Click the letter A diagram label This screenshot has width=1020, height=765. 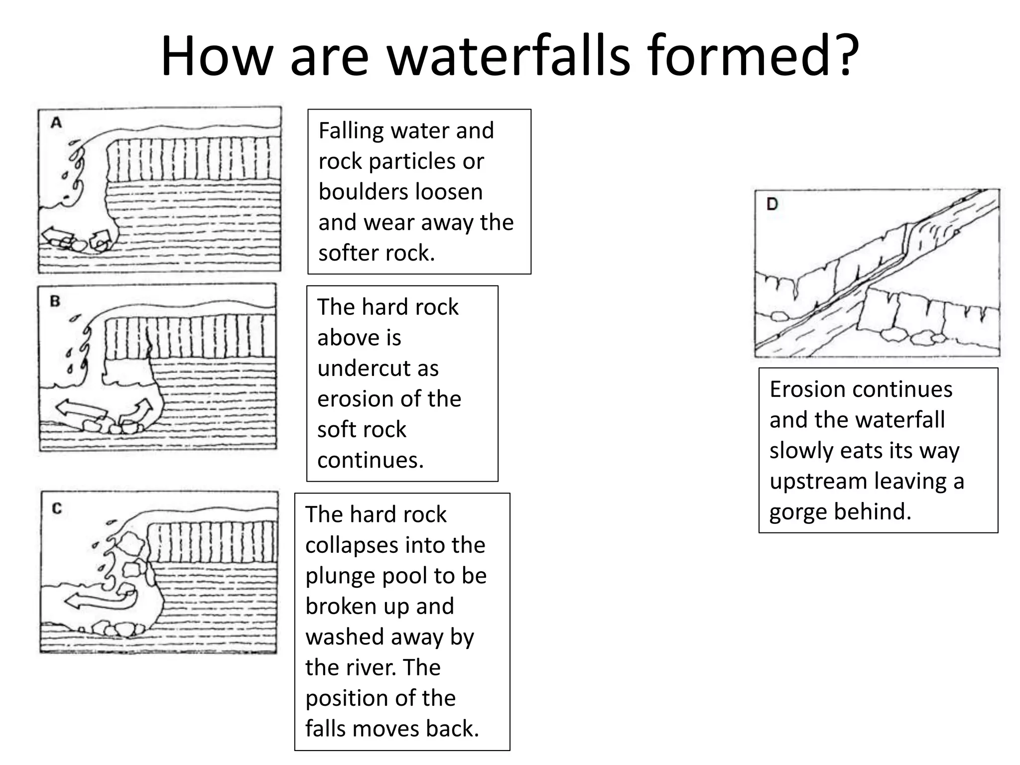tap(56, 123)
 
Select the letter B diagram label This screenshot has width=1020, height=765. tap(55, 301)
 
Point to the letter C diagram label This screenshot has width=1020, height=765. tap(57, 509)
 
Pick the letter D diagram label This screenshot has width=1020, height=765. tap(772, 204)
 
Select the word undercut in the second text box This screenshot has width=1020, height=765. tap(378, 369)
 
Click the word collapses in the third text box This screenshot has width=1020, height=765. tap(395, 545)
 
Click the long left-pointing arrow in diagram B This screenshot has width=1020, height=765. tap(80, 409)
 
